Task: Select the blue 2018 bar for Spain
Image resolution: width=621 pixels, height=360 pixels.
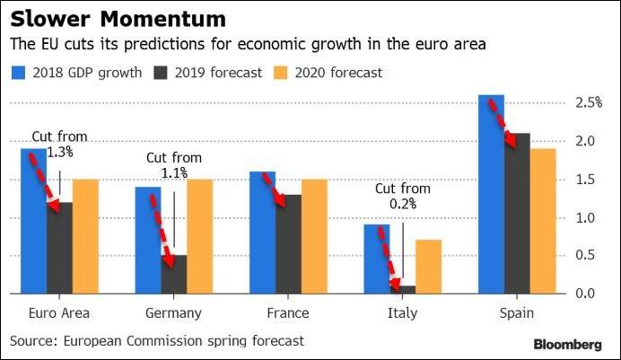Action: [x=492, y=194]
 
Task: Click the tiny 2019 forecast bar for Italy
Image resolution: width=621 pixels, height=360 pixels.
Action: [x=405, y=289]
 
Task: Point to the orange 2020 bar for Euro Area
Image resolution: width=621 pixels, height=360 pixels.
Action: [x=85, y=236]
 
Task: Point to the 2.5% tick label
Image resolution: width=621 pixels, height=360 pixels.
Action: [x=589, y=103]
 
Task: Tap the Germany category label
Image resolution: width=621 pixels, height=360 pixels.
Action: [x=173, y=313]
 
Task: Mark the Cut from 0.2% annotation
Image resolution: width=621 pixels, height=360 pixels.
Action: [x=403, y=196]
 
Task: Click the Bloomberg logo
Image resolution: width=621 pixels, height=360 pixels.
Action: [x=567, y=344]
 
